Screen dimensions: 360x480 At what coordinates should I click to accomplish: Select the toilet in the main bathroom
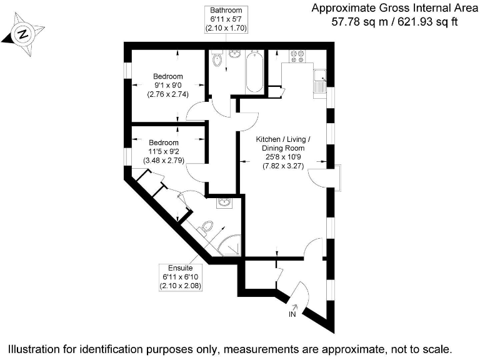coord(217,60)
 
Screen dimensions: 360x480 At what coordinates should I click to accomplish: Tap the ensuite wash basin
coord(224,203)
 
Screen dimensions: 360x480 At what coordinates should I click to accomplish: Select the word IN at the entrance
coord(292,314)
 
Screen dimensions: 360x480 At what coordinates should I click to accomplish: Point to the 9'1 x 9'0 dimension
coord(168,86)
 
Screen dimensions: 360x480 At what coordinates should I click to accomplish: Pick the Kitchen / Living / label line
coord(283,139)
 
